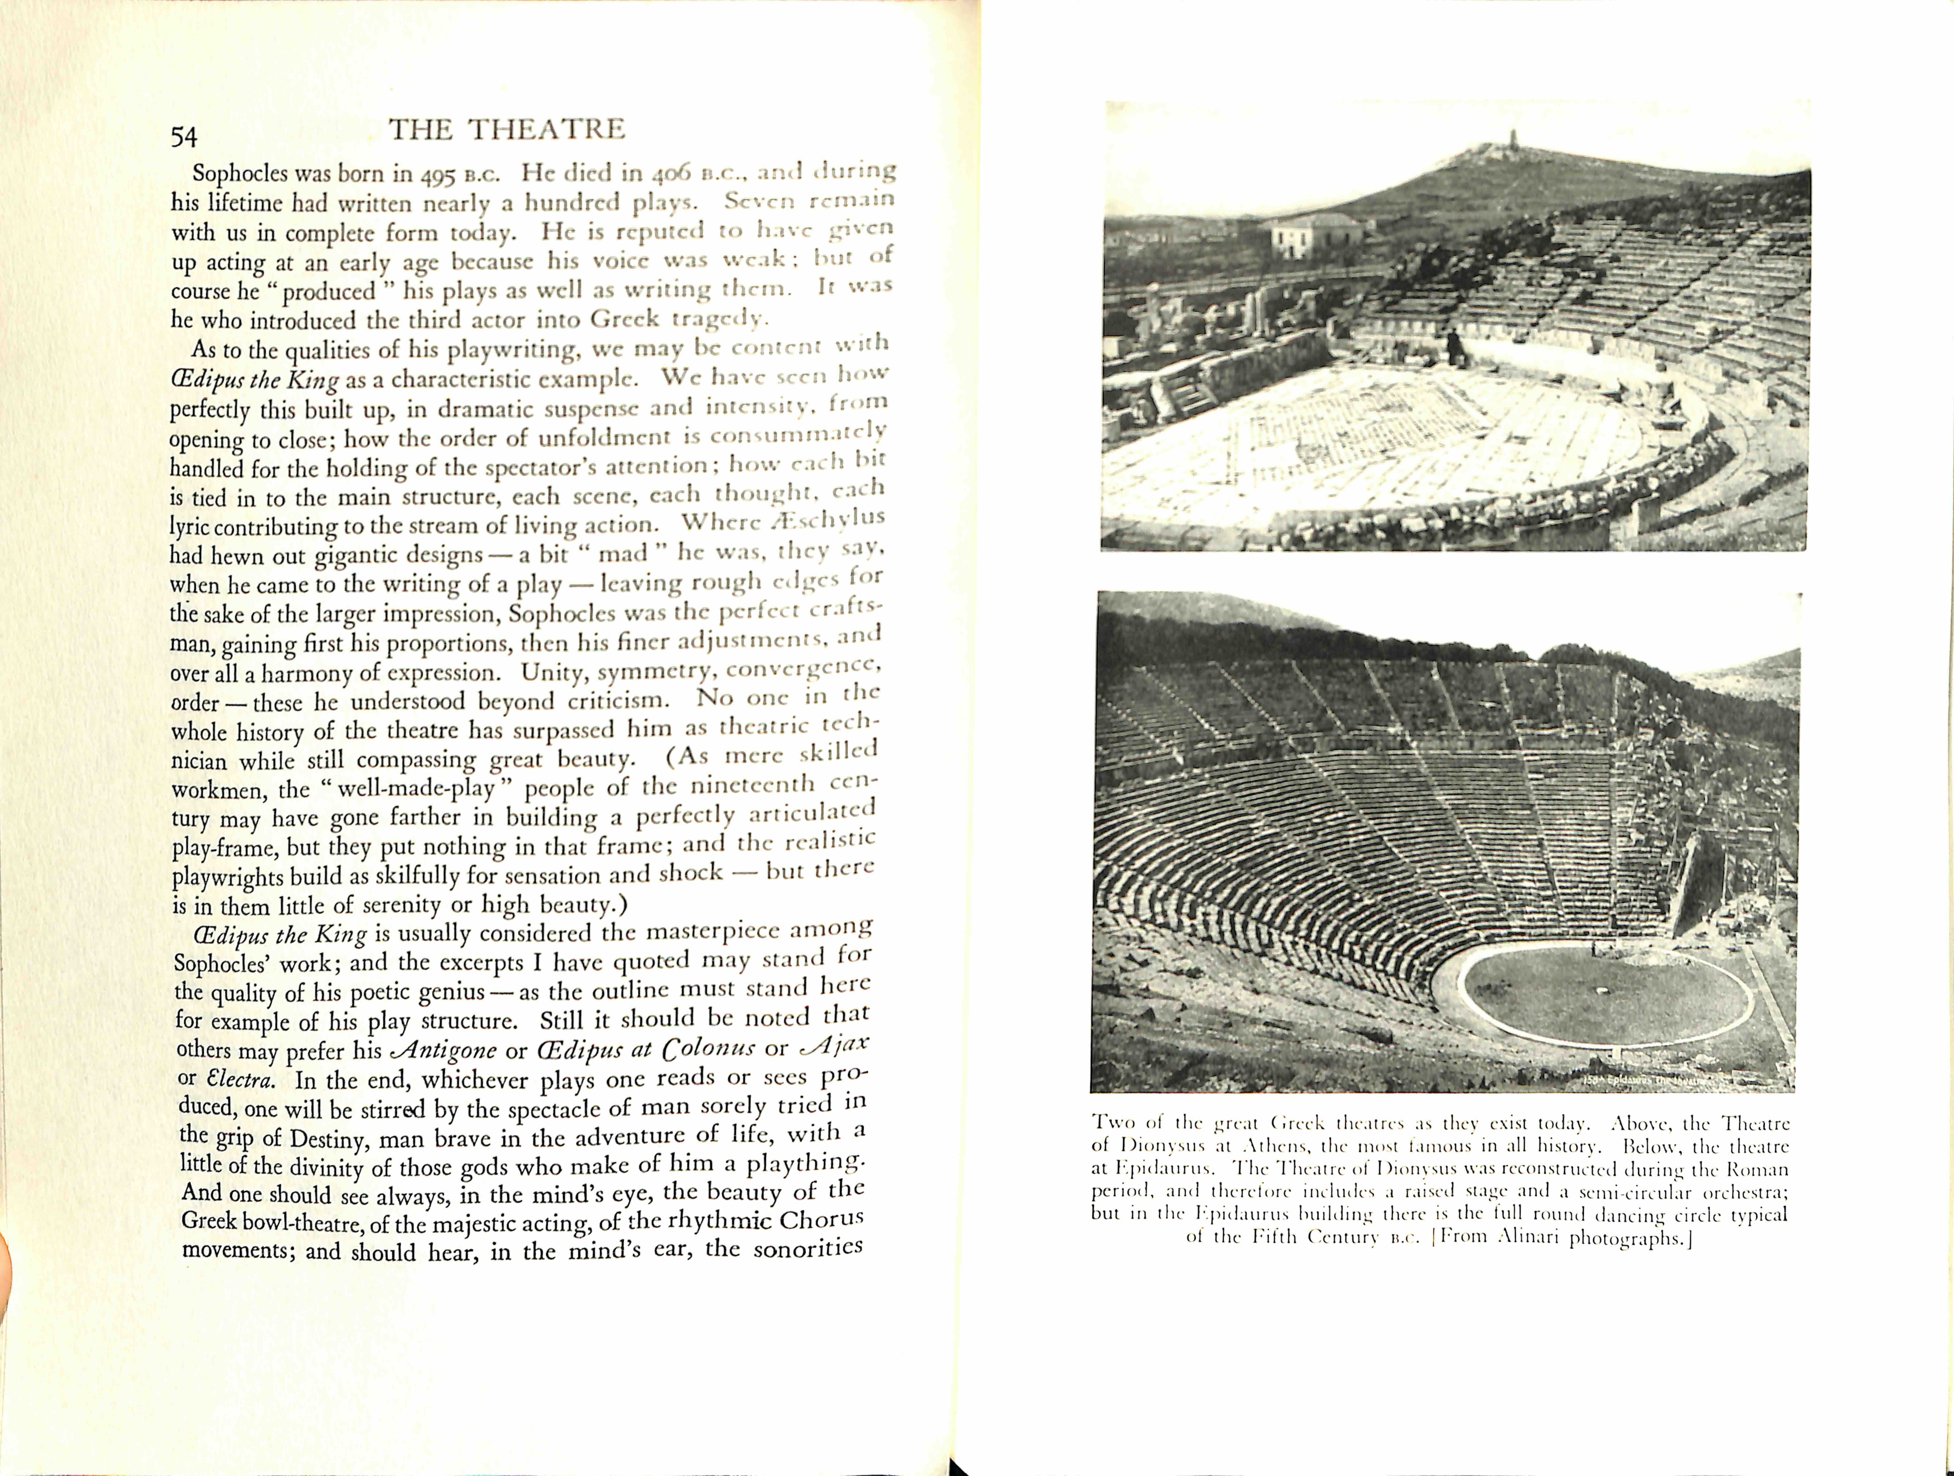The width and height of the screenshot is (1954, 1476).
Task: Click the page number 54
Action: click(184, 137)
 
